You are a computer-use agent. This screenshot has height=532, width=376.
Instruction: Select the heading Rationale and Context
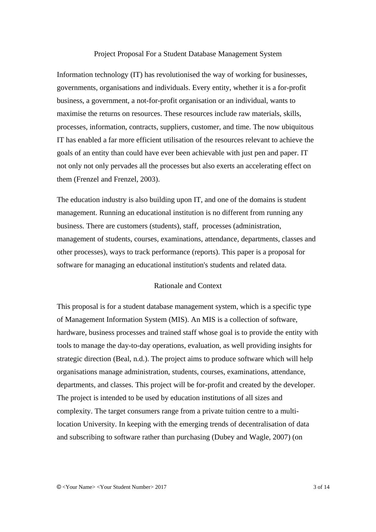[188, 286]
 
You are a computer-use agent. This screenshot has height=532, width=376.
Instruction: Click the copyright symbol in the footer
[59, 487]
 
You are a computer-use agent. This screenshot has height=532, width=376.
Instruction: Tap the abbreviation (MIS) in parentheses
[179, 320]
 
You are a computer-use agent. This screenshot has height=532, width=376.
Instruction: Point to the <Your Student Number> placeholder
[125, 487]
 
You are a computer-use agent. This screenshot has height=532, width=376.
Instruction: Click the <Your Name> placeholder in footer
[79, 487]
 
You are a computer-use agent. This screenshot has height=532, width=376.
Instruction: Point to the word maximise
[71, 114]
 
